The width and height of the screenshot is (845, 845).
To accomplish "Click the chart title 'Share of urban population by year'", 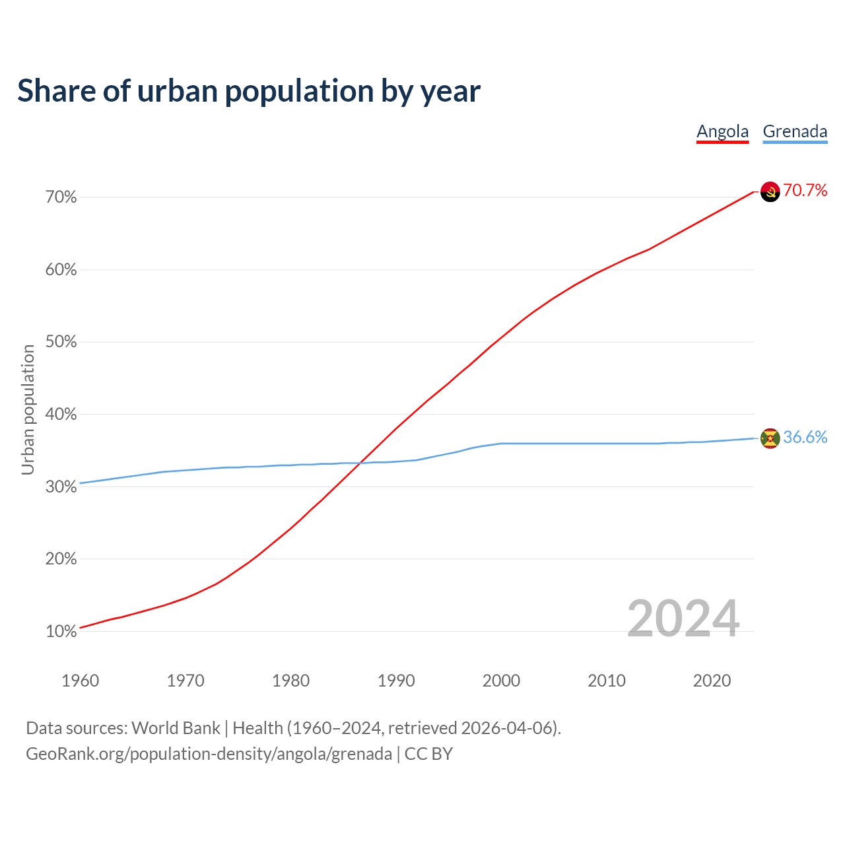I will tap(249, 91).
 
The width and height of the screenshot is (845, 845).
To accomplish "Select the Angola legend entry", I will tap(722, 131).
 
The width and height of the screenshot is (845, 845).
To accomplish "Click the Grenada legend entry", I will tap(795, 131).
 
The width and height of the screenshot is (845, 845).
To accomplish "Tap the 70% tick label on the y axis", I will tap(61, 197).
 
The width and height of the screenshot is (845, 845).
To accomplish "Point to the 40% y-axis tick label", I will tap(61, 415).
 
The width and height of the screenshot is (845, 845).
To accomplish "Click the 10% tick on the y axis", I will tap(61, 632).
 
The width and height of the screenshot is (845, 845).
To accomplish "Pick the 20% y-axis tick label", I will tap(61, 559).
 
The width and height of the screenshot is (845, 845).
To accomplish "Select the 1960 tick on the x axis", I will tap(80, 681).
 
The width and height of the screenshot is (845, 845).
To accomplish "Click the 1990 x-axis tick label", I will tap(396, 681).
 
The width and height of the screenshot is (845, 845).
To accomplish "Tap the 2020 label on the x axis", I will tap(712, 681).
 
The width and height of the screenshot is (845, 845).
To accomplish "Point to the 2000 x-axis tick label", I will tap(501, 681).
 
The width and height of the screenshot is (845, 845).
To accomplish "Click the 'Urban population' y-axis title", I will tap(28, 409).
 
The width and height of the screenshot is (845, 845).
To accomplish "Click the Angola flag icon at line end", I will tap(770, 191).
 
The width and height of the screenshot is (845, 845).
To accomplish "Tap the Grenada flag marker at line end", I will tap(770, 438).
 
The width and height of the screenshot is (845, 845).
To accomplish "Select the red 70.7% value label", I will tap(805, 191).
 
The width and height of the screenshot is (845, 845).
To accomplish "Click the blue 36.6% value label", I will tap(805, 438).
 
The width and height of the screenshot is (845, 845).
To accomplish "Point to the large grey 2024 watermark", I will tap(683, 619).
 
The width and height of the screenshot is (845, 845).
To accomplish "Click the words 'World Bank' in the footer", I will tap(176, 728).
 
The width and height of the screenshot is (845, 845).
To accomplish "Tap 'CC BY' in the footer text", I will tap(428, 754).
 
